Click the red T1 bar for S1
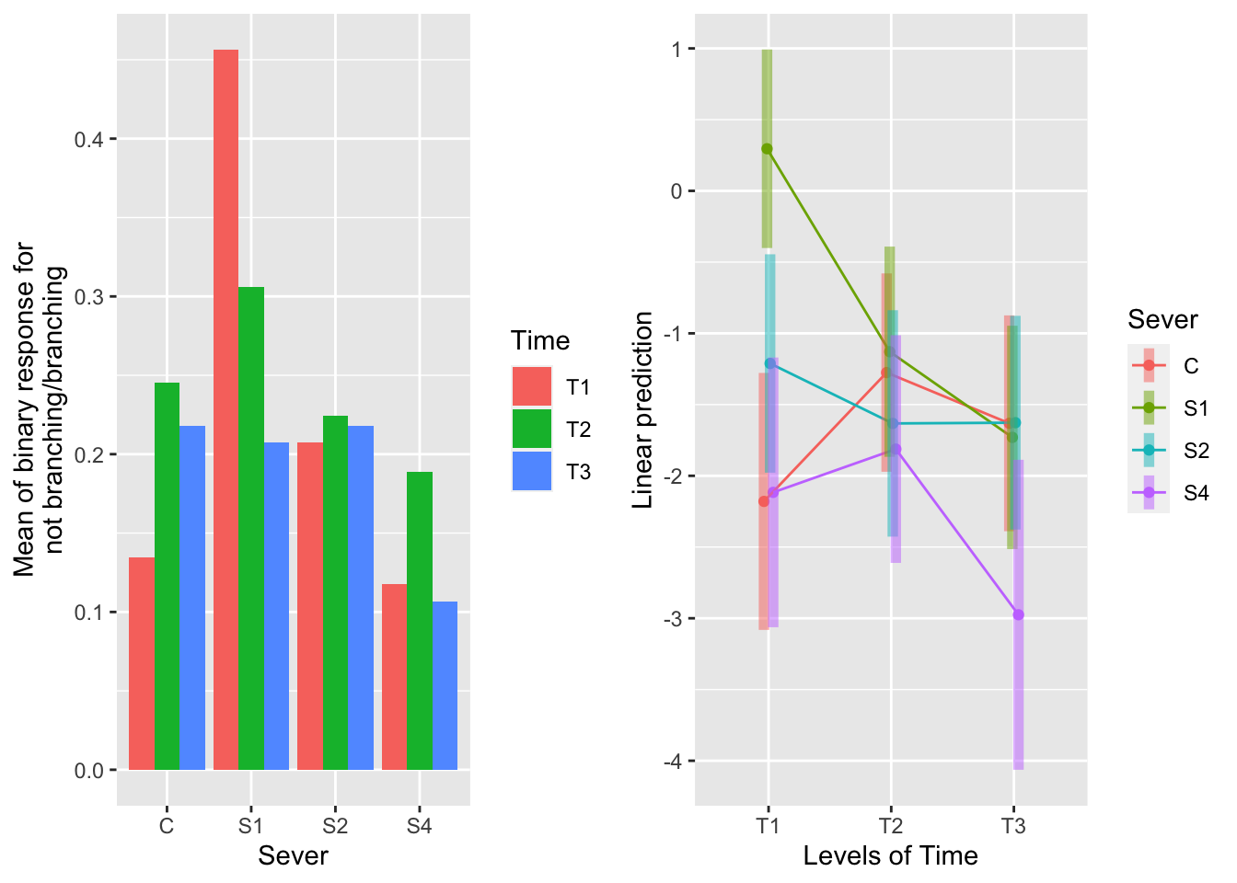click(225, 409)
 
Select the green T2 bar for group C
click(167, 576)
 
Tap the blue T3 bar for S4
click(445, 685)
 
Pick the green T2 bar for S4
click(420, 621)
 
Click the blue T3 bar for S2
click(361, 598)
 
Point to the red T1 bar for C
click(141, 663)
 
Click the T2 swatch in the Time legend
click(532, 430)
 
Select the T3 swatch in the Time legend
click(532, 472)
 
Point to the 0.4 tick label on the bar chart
click(89, 139)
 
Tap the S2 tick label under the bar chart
click(335, 826)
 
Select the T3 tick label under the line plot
click(1013, 826)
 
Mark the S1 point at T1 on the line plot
click(767, 149)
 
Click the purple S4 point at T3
click(1018, 614)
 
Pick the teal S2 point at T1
click(770, 363)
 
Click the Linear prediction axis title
click(643, 409)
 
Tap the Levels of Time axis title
click(890, 856)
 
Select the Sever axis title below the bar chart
click(293, 856)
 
